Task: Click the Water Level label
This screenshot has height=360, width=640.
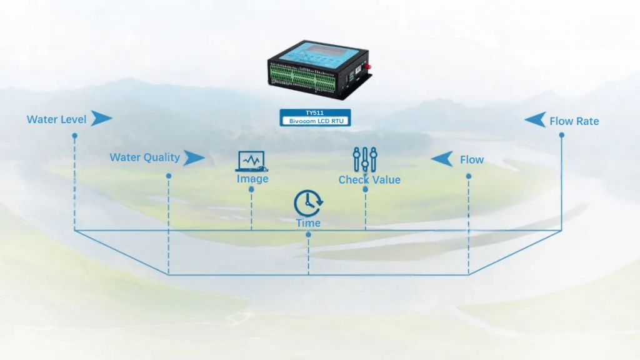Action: [x=56, y=119]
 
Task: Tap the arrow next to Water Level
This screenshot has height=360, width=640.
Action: [x=101, y=118]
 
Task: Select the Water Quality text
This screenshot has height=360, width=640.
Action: [x=144, y=157]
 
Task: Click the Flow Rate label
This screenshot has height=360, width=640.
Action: [x=574, y=121]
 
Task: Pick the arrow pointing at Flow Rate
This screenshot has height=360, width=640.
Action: [x=535, y=119]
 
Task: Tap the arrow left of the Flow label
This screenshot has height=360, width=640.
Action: [x=442, y=159]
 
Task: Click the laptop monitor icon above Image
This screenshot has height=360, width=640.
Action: [x=251, y=161]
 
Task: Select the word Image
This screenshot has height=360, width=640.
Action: [x=252, y=179]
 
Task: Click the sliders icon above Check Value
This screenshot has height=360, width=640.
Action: [x=365, y=159]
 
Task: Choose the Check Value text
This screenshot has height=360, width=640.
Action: [x=369, y=180]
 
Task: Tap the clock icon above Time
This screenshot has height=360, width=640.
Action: [x=308, y=203]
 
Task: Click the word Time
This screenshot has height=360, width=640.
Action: [x=308, y=223]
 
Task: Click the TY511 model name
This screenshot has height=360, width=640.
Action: [x=314, y=112]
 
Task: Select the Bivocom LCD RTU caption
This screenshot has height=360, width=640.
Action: [x=316, y=120]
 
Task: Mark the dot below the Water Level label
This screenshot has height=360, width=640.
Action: [x=74, y=136]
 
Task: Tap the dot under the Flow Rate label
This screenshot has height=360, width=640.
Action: [x=561, y=136]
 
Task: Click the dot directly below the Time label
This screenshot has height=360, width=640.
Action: [x=308, y=234]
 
